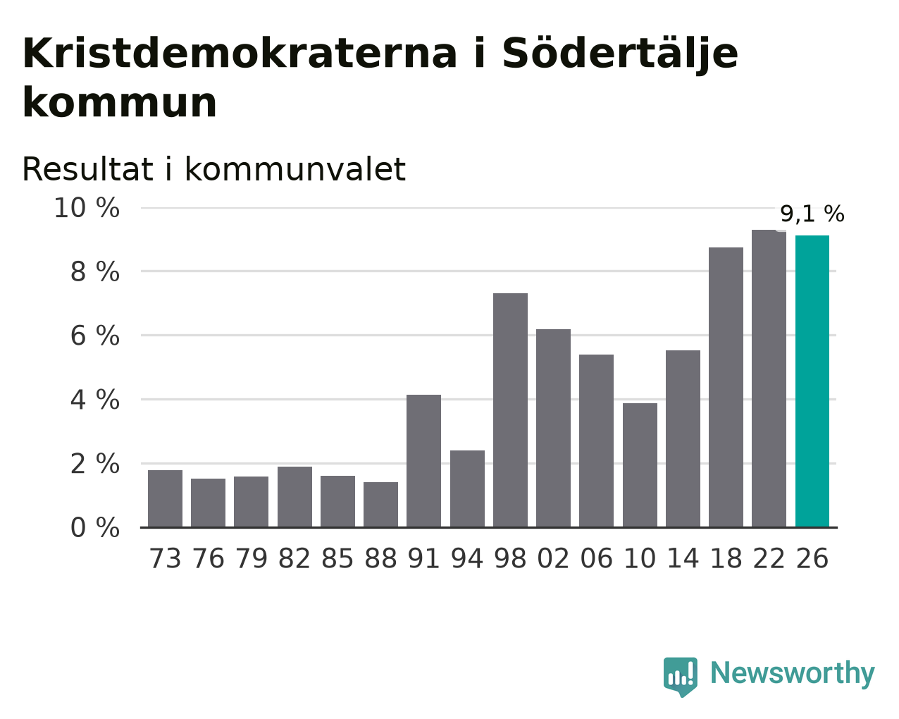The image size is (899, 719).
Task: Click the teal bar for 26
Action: [812, 381]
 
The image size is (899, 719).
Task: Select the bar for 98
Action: [510, 410]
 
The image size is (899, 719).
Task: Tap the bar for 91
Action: [423, 461]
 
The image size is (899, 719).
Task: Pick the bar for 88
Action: [380, 505]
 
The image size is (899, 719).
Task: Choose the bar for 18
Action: [726, 387]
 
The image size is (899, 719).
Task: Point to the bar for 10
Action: [640, 465]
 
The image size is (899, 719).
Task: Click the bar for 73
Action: [165, 498]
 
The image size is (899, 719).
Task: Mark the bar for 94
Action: [467, 488]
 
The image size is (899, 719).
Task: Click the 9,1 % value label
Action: [812, 214]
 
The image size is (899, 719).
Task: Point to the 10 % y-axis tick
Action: [87, 208]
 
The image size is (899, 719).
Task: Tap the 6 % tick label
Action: [95, 336]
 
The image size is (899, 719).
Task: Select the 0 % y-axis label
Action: [95, 527]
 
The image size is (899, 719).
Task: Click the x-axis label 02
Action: [553, 558]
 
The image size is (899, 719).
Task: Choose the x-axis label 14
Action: [683, 558]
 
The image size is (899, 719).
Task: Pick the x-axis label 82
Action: [294, 558]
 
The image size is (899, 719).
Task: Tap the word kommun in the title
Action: [120, 102]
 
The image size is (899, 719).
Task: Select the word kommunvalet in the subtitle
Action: [295, 170]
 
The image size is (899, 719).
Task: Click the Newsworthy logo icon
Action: [680, 677]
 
